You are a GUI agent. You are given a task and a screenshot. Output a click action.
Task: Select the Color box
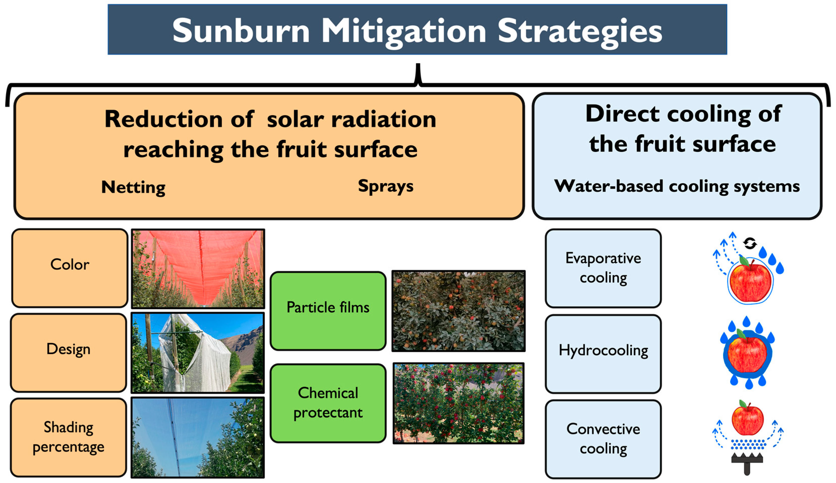(x=70, y=268)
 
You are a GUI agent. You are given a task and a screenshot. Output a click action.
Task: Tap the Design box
(x=68, y=353)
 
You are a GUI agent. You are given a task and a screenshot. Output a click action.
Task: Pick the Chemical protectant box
(x=328, y=403)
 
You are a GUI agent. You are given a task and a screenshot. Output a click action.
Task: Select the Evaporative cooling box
(x=603, y=268)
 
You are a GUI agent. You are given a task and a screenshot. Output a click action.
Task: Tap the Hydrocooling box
(x=603, y=354)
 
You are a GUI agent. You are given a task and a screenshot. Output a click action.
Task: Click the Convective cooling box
(x=603, y=439)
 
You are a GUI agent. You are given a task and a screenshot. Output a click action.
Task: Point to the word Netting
(x=133, y=187)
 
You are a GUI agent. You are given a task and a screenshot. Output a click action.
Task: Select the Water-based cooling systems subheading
(x=677, y=186)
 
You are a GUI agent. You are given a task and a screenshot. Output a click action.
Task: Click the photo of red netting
(x=198, y=268)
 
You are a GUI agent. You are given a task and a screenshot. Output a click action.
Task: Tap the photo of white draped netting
(x=198, y=353)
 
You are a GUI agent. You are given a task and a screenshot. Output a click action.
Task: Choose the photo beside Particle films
(x=458, y=311)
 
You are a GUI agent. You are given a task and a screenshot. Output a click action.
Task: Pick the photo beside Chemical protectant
(x=458, y=403)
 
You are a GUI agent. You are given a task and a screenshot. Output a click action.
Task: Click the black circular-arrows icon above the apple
(x=750, y=243)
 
